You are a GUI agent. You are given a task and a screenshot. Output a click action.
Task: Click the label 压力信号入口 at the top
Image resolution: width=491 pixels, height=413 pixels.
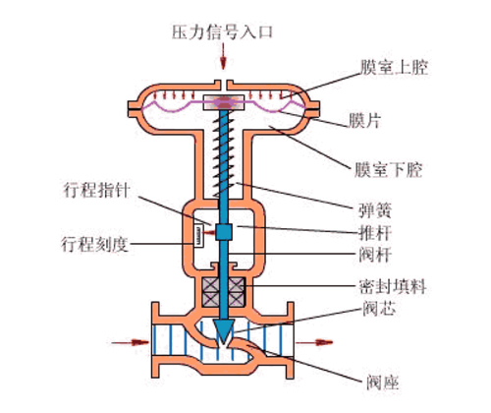tap(222, 32)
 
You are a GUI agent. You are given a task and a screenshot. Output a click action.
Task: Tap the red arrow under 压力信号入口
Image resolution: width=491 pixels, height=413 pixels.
tap(223, 56)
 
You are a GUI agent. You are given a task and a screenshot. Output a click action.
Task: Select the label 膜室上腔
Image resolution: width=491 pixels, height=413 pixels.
tap(394, 68)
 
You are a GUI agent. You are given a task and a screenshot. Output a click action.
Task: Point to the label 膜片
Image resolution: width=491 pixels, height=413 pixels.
tap(365, 120)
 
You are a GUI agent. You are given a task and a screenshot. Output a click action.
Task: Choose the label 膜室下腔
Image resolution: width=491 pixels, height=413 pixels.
tap(389, 170)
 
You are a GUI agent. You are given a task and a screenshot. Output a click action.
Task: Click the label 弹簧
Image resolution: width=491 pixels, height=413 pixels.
tap(375, 210)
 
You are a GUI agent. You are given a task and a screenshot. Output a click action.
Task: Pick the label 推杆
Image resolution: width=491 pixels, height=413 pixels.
tap(375, 233)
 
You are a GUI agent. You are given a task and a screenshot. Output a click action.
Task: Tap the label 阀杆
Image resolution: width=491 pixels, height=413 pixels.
tap(375, 255)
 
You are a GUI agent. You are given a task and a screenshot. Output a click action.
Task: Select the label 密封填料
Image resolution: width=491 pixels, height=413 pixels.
tap(393, 286)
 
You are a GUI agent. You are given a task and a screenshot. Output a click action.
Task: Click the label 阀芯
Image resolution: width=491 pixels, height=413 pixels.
tap(379, 309)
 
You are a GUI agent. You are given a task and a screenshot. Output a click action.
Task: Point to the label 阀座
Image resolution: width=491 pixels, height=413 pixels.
tap(383, 383)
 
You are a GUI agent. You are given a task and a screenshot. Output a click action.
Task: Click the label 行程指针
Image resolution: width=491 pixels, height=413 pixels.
tap(97, 191)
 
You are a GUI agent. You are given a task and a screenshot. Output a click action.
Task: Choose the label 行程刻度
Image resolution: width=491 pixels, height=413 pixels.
tap(94, 244)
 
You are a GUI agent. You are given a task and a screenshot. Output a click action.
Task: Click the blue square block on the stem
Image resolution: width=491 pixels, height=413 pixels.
tap(224, 232)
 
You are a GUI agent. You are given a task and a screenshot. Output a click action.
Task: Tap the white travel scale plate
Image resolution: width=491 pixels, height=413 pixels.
tap(198, 235)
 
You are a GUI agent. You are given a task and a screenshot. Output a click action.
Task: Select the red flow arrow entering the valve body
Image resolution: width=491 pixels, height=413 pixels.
tap(131, 342)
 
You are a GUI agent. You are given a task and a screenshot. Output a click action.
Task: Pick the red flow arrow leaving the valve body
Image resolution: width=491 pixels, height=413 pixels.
tap(314, 342)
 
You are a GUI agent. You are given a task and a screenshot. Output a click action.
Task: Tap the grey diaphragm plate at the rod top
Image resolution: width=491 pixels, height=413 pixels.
tap(224, 102)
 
